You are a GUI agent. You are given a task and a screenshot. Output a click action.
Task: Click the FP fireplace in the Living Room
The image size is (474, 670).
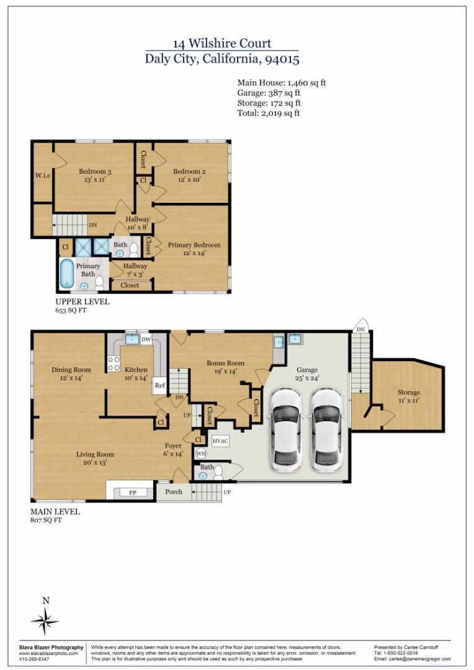[x=133, y=493]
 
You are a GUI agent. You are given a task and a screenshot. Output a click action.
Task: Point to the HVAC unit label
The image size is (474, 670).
[x=220, y=440]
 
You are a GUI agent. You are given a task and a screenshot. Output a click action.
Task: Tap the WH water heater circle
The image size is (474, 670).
[x=201, y=453]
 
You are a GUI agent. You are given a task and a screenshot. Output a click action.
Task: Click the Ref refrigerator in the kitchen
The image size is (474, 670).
[x=159, y=385]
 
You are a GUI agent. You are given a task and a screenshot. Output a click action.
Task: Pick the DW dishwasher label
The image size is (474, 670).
[x=146, y=339]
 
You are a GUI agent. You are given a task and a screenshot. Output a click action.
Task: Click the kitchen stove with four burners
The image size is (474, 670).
[x=114, y=364]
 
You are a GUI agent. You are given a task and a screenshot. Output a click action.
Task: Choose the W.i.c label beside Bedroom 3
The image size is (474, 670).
[x=43, y=175]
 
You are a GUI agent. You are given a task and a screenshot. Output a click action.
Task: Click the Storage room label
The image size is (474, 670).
[x=409, y=392]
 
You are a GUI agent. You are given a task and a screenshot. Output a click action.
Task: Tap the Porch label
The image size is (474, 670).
[x=174, y=492]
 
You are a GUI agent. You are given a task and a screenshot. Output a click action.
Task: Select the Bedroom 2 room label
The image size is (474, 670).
[x=189, y=171]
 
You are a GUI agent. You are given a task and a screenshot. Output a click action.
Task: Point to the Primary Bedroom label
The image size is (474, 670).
[x=194, y=245]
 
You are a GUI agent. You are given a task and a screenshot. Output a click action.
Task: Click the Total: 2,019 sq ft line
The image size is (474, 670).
[x=269, y=114]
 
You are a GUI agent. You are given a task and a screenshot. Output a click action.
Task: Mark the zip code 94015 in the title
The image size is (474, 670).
[x=282, y=58]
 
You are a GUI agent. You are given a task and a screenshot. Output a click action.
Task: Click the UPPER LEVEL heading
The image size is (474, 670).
[x=83, y=301]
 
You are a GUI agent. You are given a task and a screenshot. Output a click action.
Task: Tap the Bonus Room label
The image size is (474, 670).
[x=226, y=363]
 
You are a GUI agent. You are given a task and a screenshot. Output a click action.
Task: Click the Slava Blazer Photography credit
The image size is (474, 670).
[x=51, y=647]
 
